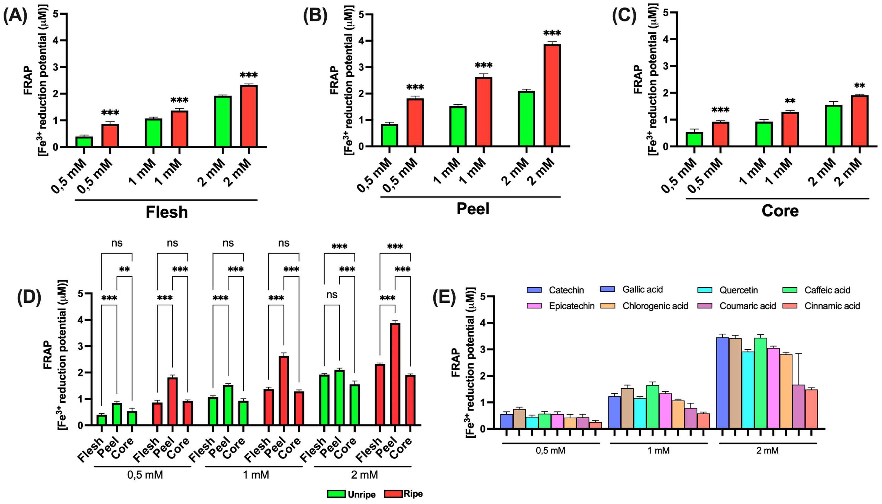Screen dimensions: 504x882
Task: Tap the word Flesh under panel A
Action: click(x=167, y=212)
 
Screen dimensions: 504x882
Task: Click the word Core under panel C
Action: click(x=780, y=210)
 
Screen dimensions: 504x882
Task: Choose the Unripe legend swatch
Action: click(x=336, y=494)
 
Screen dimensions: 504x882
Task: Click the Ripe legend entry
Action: click(x=404, y=494)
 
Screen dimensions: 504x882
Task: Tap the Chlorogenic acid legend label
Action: click(x=655, y=306)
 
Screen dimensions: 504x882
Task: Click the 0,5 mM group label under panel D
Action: click(x=145, y=474)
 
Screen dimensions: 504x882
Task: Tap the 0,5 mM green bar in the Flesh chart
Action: click(x=84, y=142)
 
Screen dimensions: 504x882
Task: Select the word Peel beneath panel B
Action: click(x=473, y=209)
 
